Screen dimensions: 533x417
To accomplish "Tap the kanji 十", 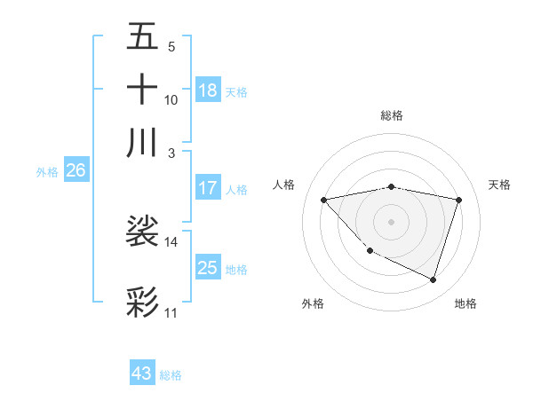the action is point(142,89).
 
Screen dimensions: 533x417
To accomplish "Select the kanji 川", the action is point(142,142).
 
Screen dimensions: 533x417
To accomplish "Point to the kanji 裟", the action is point(142,232).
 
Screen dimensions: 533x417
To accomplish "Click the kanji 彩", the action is point(142,302).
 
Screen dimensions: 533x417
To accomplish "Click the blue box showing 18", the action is point(208,90).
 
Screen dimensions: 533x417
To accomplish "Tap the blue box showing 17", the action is point(208,188).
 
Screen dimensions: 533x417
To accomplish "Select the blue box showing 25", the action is point(208,268).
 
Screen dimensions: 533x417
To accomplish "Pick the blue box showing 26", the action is point(76,171).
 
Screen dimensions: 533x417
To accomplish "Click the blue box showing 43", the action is point(142,374).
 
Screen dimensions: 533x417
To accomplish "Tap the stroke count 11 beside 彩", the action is point(171,313).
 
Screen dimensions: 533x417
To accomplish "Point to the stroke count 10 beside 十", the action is point(171,100).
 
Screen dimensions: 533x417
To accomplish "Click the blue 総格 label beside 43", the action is point(171,375).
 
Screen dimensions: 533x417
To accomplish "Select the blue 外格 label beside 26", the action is point(47,172).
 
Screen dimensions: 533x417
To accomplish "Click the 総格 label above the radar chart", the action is point(391,115).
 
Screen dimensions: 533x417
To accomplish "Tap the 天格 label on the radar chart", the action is point(500,185).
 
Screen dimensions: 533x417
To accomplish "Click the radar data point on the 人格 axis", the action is point(323,200).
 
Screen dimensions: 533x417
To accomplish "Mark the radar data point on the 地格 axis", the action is point(433,280).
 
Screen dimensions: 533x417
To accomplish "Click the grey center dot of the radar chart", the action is point(391,221).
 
